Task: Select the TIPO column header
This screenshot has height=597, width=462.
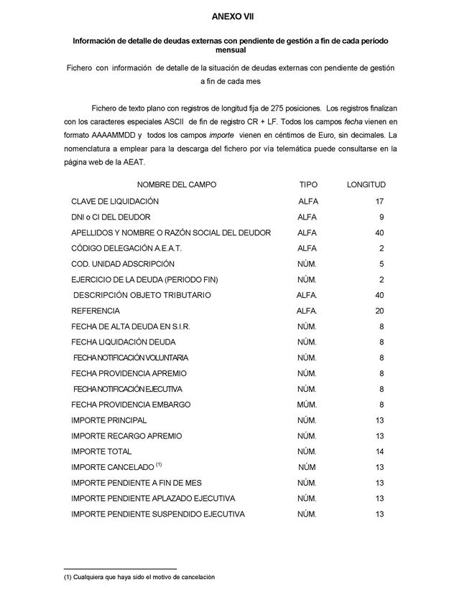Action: click(308, 185)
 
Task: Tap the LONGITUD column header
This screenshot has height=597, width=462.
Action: click(366, 185)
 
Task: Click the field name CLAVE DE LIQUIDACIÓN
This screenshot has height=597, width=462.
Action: click(115, 202)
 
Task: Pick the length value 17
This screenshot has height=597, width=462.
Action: click(379, 202)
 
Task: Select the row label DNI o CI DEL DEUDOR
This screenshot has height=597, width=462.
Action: click(111, 217)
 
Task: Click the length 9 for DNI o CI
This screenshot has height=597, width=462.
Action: click(382, 217)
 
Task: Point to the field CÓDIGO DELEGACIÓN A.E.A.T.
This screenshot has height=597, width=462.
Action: click(126, 248)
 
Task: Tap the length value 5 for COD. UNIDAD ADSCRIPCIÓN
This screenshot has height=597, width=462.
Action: click(382, 264)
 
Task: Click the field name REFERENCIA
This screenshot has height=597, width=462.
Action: click(96, 311)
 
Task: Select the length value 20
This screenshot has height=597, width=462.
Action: click(379, 311)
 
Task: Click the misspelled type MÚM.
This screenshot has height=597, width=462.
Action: click(307, 405)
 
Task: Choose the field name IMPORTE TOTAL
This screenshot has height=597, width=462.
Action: click(101, 452)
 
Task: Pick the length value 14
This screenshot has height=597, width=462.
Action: click(379, 452)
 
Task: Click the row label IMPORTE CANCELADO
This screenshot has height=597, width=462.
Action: click(111, 468)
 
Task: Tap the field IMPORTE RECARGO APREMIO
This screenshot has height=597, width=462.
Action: click(126, 436)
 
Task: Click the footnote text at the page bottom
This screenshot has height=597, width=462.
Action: click(139, 577)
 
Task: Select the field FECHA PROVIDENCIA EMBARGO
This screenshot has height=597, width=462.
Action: click(131, 405)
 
